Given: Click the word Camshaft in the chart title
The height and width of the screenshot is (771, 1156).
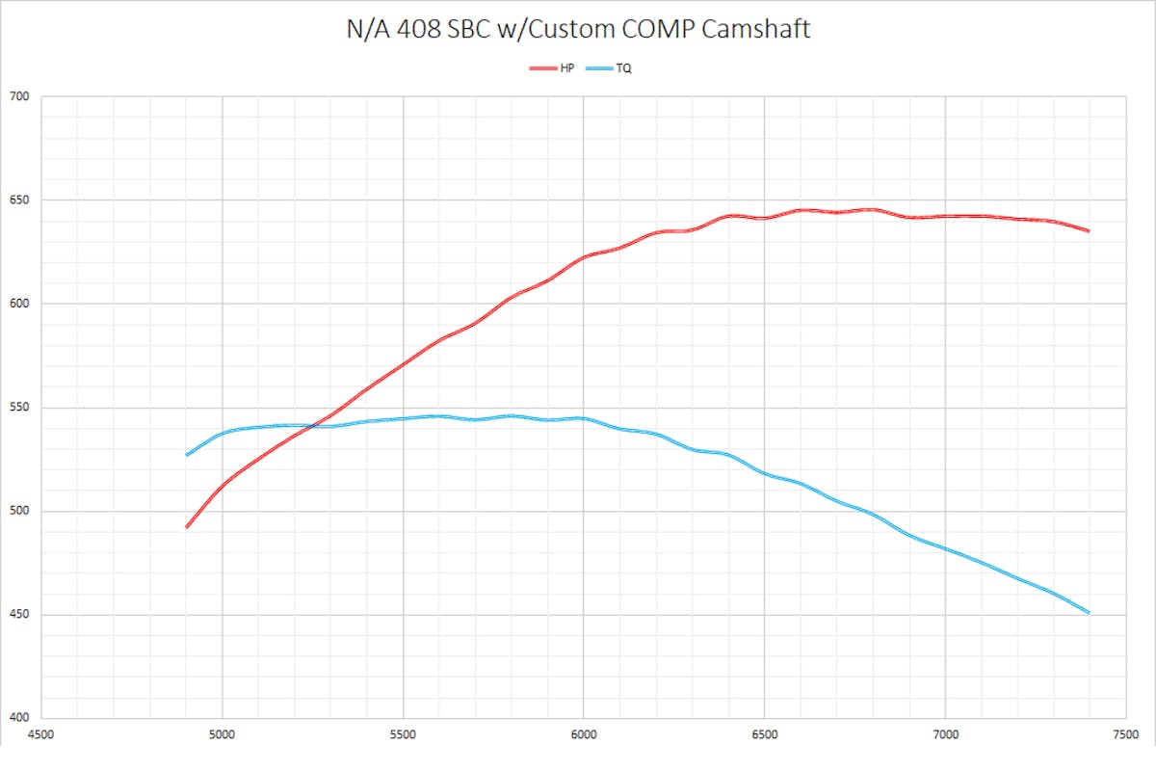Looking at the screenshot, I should (756, 30).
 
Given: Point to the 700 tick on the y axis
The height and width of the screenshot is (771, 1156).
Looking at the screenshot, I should (20, 96).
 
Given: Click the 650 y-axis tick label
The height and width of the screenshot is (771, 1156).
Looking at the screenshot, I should (20, 200).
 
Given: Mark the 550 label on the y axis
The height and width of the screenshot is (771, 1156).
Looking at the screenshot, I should (20, 408).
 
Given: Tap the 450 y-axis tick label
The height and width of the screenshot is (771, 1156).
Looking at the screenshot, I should (20, 615).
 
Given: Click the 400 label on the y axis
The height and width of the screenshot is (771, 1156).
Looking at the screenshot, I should (20, 719).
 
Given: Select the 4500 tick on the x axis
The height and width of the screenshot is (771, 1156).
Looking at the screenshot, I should (41, 733).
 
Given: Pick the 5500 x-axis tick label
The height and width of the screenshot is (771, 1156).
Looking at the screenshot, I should (403, 733).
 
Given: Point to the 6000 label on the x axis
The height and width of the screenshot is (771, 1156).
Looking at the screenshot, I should (584, 733).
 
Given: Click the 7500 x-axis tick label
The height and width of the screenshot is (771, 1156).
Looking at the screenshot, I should (1125, 733).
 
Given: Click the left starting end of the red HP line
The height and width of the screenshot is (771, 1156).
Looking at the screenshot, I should (187, 527).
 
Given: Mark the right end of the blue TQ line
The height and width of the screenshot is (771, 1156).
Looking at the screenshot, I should (1089, 613).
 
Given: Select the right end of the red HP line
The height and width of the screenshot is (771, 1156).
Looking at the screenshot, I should (1089, 231).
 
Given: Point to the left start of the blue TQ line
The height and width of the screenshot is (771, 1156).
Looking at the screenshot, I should (187, 455).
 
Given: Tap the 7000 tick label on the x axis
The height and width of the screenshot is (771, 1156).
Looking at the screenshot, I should (945, 733).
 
